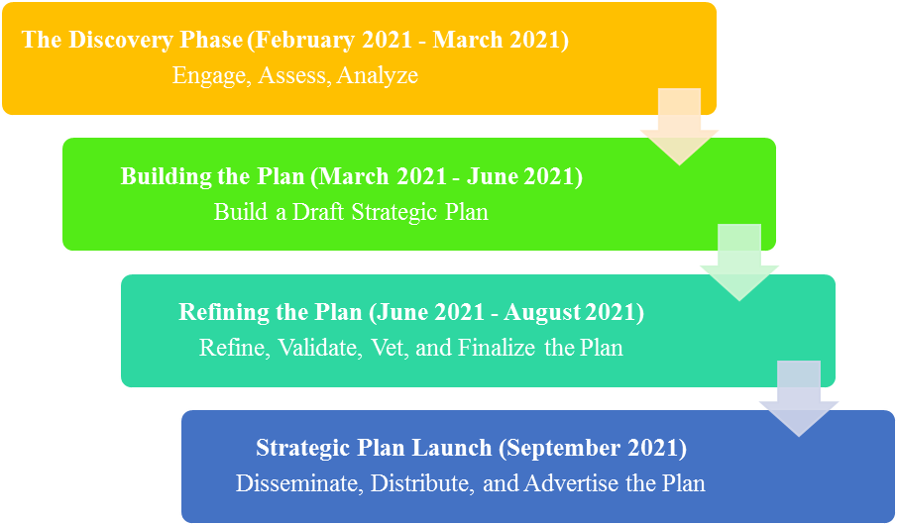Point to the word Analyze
pyautogui.click(x=378, y=76)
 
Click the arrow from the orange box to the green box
pyautogui.click(x=679, y=127)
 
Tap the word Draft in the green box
pyautogui.click(x=319, y=212)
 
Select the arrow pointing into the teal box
pyautogui.click(x=739, y=262)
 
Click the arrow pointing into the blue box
pyautogui.click(x=799, y=398)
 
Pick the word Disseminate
pyautogui.click(x=298, y=483)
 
